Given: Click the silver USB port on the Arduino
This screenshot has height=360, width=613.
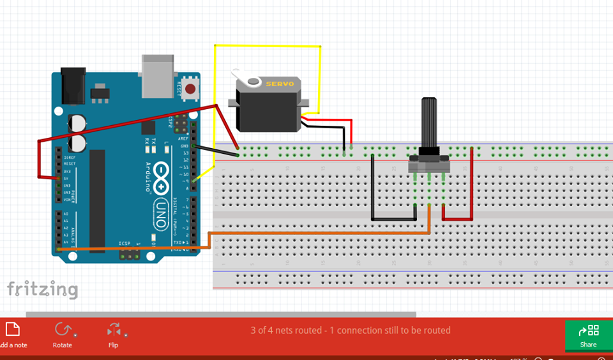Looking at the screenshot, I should point(158,74).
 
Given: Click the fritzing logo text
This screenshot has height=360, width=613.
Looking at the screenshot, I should point(42,289).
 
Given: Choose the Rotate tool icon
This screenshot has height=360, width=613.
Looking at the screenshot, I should point(63,329).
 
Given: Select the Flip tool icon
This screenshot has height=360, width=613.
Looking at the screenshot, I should point(114,329).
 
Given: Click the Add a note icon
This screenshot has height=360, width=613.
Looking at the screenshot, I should point(13,329).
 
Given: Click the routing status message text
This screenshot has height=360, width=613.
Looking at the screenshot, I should point(351,331).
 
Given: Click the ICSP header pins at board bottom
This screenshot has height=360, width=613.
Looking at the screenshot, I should point(130,255).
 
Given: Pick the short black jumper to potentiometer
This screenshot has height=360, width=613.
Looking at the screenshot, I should point(393,219).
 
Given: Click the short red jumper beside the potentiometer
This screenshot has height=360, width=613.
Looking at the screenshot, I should point(457,219).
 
